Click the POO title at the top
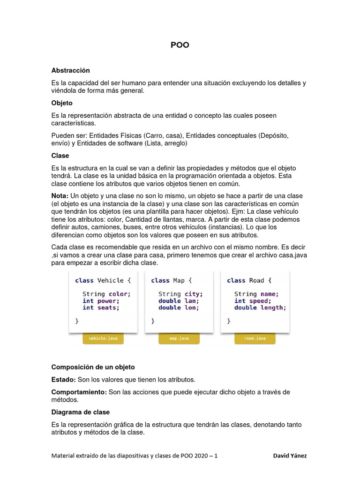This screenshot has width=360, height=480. point(180,45)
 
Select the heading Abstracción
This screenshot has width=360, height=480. point(70,70)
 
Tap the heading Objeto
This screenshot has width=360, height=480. point(62,103)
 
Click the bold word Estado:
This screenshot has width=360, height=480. point(63,379)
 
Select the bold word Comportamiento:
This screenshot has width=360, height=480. point(79,392)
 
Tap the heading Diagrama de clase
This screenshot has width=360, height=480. point(80,412)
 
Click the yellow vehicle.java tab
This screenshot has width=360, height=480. point(103,338)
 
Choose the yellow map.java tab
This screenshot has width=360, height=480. point(179,338)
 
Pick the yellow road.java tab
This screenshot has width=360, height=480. point(255,338)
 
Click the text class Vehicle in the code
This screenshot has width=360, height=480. point(99,280)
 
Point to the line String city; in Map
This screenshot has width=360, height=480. point(180,294)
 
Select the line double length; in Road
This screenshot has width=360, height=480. point(260,307)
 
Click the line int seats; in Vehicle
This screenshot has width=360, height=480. point(101,307)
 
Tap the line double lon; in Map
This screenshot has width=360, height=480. point(179,307)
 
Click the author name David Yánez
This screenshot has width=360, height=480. point(290,455)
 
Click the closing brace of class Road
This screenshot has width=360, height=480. point(229,322)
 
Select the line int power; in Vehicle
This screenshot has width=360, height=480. point(101,301)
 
